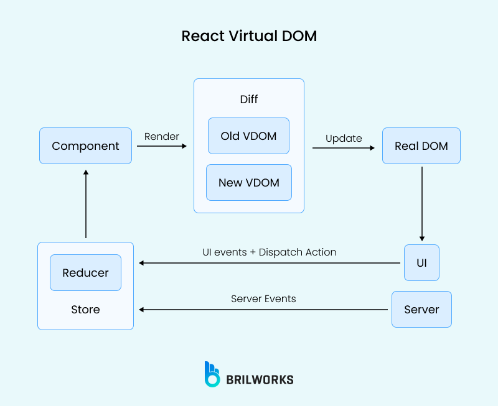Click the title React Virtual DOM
coord(249,36)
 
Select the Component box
coord(85,146)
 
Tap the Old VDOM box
coord(248,136)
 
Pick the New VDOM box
coord(248,183)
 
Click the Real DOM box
coord(421,146)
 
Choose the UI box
coord(421,262)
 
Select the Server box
coord(421,309)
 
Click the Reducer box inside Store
coord(85,272)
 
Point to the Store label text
coord(85,310)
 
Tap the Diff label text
coord(248,99)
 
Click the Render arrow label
coord(161,136)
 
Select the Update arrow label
coord(344,138)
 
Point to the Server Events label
coord(263,299)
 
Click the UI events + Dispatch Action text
coord(269,252)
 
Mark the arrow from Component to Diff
coord(161,146)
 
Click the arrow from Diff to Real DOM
coord(343,148)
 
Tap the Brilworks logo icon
coord(212,374)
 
